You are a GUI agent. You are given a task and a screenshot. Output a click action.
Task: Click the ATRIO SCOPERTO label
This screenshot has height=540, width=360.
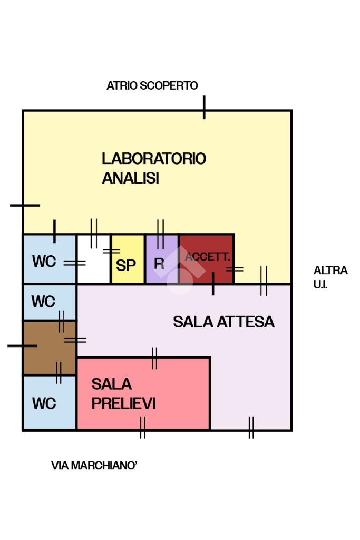[152, 85]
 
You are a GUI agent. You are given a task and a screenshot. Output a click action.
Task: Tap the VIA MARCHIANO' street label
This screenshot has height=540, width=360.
[94, 466]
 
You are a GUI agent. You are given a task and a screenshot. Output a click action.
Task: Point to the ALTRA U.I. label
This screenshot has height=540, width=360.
[330, 277]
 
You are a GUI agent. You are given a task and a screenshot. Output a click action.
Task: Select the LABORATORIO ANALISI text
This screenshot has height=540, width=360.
[154, 168]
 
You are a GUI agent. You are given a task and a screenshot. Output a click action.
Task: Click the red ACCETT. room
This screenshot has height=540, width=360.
[207, 259]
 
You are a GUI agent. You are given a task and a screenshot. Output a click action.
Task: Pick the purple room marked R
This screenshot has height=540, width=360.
[162, 259]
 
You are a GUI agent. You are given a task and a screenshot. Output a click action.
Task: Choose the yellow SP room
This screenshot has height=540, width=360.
[128, 259]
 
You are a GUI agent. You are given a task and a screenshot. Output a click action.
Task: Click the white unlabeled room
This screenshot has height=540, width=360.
[93, 259]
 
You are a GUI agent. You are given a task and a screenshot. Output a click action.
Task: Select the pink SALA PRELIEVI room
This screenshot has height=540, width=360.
[143, 393]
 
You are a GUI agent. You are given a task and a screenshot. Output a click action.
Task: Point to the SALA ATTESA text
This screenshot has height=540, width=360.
[223, 322]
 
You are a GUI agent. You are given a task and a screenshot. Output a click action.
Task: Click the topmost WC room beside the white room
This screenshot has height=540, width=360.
[49, 259]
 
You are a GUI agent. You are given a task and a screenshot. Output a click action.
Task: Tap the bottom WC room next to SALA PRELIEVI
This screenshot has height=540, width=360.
[49, 402]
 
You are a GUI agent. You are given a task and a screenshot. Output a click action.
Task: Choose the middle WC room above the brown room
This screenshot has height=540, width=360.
[49, 302]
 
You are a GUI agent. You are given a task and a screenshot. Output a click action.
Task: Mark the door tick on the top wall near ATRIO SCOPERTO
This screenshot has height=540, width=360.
[204, 108]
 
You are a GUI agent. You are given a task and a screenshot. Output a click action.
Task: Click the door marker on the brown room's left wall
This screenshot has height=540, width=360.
[22, 345]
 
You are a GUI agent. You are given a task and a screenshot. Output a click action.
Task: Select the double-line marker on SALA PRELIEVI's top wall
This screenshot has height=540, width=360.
[154, 358]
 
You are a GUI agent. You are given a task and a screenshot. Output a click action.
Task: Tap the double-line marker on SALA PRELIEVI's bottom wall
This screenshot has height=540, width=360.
[142, 428]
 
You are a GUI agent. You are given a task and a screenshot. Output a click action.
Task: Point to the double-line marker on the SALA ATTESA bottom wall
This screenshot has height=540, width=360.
[251, 428]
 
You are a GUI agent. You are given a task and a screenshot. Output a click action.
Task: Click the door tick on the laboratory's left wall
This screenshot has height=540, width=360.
[25, 205]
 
